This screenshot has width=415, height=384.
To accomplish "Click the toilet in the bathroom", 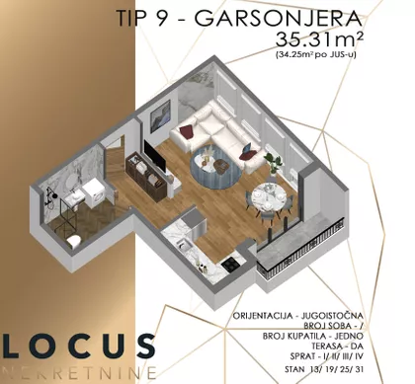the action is coord(74,242).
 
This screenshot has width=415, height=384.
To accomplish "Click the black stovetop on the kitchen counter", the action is coord(231,262).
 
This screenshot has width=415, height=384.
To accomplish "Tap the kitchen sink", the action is coord(182,245).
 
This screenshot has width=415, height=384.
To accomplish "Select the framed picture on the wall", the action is coord(160,112).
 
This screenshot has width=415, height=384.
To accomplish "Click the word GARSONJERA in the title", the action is coord(279,19).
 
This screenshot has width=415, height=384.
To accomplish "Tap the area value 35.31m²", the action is coord(319,39).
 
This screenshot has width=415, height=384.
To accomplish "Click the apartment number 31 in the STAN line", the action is coord(360,369).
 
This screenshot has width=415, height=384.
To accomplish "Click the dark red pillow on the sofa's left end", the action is coord(185,130).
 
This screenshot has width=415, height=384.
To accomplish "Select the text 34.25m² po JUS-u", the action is coord(316,55).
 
